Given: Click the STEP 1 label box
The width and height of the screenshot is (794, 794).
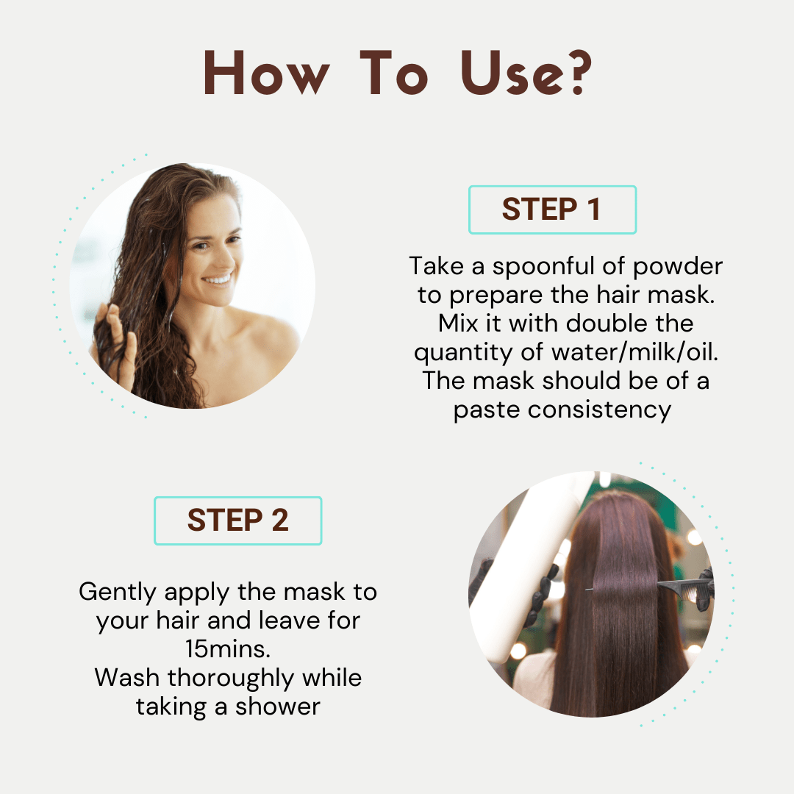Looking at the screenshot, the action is tap(552, 210).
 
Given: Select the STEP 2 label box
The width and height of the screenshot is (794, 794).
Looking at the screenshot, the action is tap(238, 521).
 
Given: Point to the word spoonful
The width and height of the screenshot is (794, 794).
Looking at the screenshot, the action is tap(543, 267).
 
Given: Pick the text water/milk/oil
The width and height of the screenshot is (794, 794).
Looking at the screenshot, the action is tap(634, 352).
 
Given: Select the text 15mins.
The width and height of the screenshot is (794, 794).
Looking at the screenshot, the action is tap(228, 649).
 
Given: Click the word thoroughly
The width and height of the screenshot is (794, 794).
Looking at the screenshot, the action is tap(230, 679).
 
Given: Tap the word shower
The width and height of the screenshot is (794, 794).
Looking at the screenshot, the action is tap(277, 707).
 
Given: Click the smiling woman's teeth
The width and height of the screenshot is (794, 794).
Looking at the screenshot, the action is tap(218, 279).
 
